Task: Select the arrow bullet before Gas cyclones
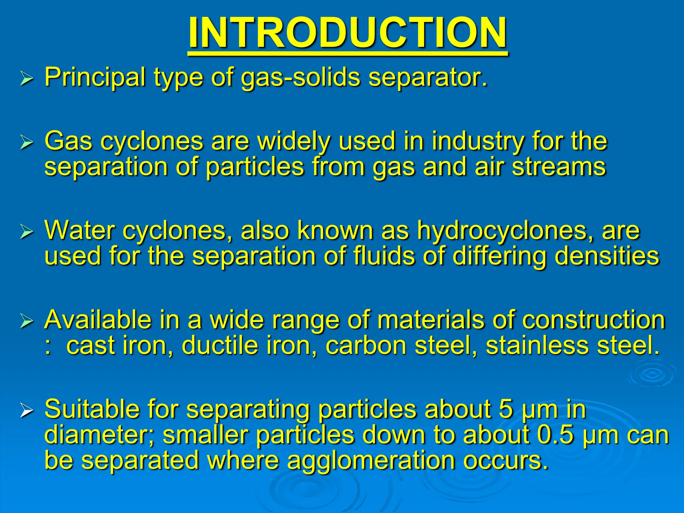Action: [27, 142]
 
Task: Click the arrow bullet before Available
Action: [27, 321]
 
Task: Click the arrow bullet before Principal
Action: [27, 79]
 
